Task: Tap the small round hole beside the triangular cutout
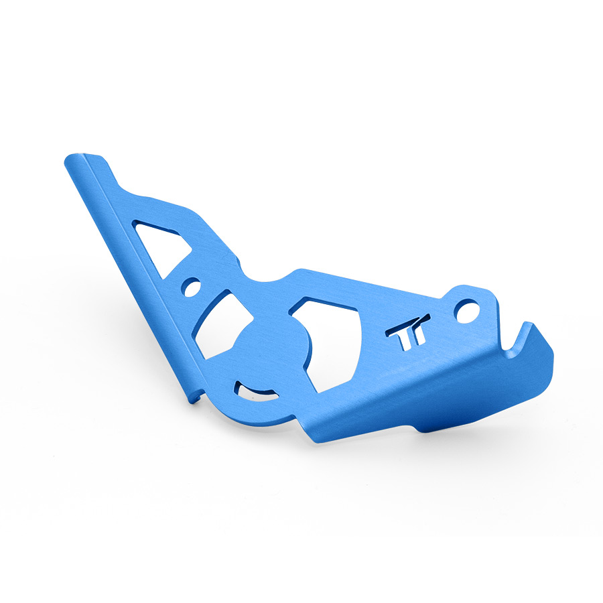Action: pyautogui.click(x=192, y=287)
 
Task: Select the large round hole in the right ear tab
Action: pyautogui.click(x=467, y=311)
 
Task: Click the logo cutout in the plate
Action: pyautogui.click(x=408, y=332)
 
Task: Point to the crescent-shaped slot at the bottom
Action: pyautogui.click(x=257, y=392)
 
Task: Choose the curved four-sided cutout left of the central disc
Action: pyautogui.click(x=220, y=324)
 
